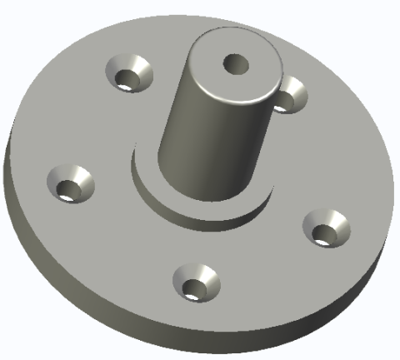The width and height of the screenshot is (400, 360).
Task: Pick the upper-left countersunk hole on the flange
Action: pos(130,74)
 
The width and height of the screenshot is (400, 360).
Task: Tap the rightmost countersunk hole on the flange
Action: pos(327,227)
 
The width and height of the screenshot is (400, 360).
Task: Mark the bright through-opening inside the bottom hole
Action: pos(193,292)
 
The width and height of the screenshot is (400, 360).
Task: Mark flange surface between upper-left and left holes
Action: pos(83,125)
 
